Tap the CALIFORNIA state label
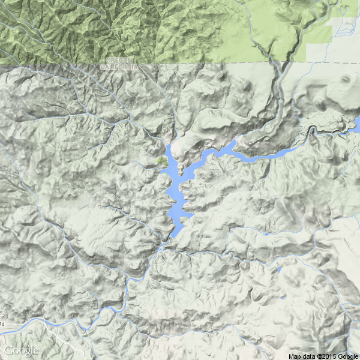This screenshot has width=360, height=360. coord(122,67)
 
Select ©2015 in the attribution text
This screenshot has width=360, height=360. coord(327,356)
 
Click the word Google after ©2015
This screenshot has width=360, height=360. coord(349,356)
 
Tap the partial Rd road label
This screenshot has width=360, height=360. coord(2,324)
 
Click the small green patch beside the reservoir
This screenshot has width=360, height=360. coord(161,161)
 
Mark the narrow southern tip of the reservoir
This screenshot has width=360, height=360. coord(172,236)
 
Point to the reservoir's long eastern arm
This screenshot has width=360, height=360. coord(264,155)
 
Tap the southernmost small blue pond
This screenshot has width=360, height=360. coord(282,297)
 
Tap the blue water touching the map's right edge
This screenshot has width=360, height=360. coord(358,123)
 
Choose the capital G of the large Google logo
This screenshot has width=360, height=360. coord(8,350)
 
